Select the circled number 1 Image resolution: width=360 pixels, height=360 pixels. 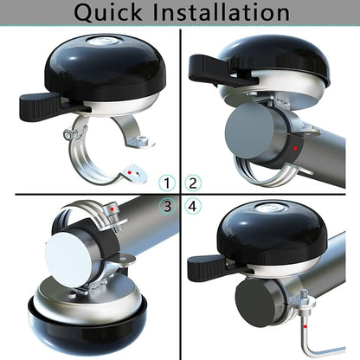click(167, 183)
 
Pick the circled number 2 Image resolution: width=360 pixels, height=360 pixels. click(193, 183)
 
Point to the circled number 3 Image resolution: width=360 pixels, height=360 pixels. click(167, 206)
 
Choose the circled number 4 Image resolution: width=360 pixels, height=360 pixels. click(193, 206)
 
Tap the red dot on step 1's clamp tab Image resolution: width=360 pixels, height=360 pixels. click(131, 174)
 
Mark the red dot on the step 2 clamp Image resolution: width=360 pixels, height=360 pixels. click(295, 149)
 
